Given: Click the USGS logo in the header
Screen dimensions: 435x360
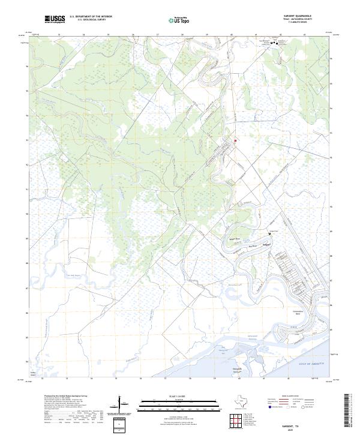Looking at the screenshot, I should coord(55,20).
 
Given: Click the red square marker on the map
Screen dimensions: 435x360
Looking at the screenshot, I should coord(236,141).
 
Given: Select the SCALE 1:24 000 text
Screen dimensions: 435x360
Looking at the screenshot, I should coord(180,396).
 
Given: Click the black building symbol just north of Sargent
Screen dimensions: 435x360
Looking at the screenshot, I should coord(269,233).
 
